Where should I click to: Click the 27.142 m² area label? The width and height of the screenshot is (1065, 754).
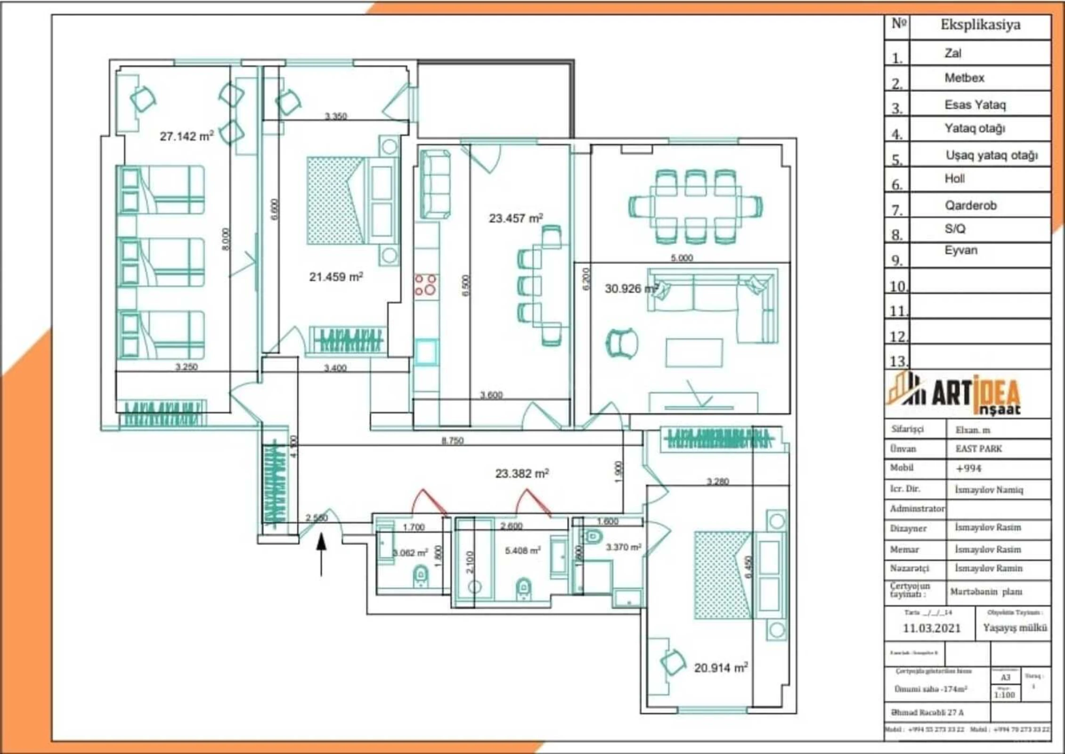coord(187,136)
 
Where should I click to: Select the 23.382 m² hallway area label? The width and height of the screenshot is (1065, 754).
coord(522,473)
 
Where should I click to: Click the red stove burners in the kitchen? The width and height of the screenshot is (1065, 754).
coord(425,285)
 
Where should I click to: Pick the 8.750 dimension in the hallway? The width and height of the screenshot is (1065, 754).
coord(452,441)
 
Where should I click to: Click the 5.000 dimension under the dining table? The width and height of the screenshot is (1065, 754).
coord(682,258)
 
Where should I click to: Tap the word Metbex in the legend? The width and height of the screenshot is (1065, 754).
coord(964,78)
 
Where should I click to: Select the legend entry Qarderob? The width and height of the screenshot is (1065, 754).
coord(970,205)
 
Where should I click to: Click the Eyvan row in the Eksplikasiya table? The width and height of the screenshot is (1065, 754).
coord(961,250)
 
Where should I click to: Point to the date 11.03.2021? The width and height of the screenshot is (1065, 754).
coord(931,628)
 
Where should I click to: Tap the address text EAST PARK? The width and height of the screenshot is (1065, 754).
coord(978,449)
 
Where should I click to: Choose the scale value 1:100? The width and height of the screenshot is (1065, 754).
coord(1004,695)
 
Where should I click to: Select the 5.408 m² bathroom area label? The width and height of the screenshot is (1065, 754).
coord(522,550)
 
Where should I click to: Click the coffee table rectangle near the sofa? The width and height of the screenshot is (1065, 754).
coord(694,352)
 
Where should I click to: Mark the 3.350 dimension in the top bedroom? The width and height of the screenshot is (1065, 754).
coord(336,116)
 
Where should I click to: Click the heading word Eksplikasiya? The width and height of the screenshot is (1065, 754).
coord(980,25)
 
